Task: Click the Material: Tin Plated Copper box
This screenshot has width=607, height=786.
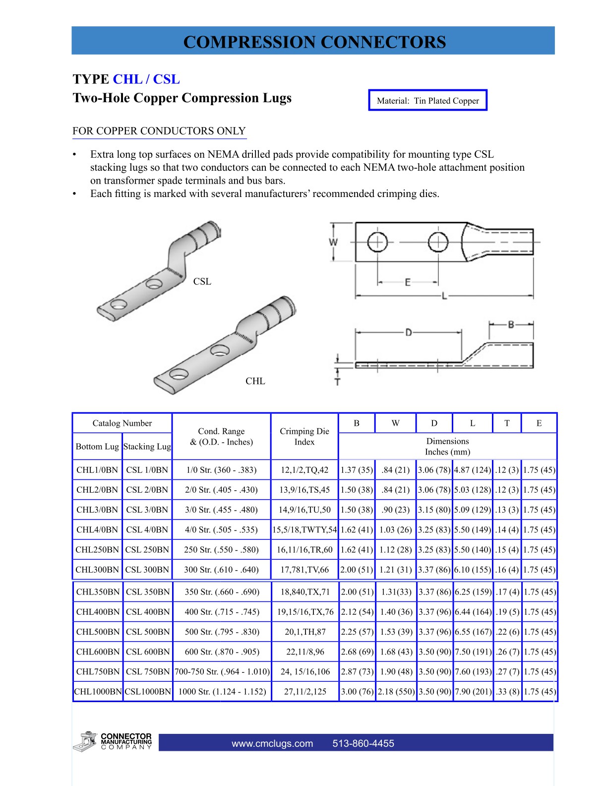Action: click(427, 100)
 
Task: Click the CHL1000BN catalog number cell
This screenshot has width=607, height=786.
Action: click(98, 691)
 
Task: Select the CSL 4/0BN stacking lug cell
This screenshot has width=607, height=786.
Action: click(147, 529)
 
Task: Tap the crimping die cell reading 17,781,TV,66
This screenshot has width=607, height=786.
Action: click(304, 570)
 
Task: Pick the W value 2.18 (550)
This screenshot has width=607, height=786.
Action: click(396, 691)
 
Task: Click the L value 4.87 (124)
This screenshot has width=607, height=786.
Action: click(472, 470)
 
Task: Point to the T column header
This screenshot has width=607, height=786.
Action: click(507, 423)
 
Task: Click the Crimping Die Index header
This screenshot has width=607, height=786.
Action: click(304, 437)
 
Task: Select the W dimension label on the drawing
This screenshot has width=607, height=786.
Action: click(334, 242)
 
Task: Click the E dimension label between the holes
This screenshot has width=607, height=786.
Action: click(408, 282)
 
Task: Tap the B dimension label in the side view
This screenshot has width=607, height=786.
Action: click(511, 325)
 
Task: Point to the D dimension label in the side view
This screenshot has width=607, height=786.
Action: click(408, 332)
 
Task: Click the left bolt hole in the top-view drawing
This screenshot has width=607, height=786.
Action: click(377, 243)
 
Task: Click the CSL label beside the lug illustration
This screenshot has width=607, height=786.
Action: click(202, 281)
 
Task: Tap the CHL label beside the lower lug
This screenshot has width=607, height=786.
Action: click(255, 381)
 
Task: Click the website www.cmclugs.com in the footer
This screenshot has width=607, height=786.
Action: click(272, 743)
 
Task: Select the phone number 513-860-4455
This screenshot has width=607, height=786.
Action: click(363, 743)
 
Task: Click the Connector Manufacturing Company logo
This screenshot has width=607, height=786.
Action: click(113, 742)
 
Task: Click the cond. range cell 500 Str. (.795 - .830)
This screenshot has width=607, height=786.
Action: click(222, 632)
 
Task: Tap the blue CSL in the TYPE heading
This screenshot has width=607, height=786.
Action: click(166, 79)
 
